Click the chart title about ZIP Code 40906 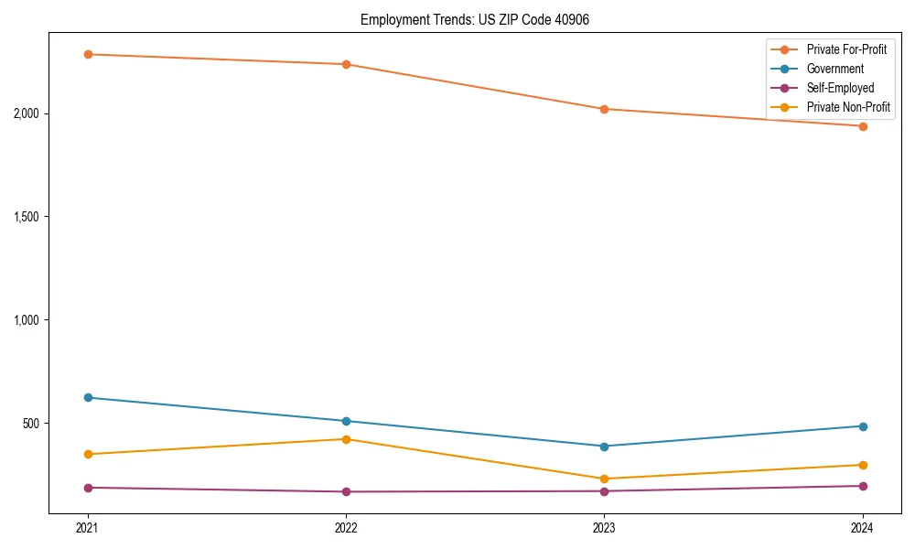(x=468, y=19)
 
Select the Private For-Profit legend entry (x=846, y=49)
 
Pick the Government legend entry (x=834, y=69)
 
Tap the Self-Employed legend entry (x=840, y=88)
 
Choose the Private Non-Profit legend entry (x=848, y=107)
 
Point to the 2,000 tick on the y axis (x=26, y=113)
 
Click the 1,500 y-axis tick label (x=26, y=217)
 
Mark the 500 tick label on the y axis (x=31, y=424)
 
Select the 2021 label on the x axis (x=88, y=528)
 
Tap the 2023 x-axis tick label (x=604, y=528)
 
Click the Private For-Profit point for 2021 (x=88, y=54)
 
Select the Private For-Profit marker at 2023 (x=604, y=109)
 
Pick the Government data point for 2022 (x=346, y=421)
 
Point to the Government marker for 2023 (x=604, y=447)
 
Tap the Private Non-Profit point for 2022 (x=346, y=439)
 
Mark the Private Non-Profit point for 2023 (x=604, y=479)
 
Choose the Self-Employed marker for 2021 (x=88, y=488)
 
